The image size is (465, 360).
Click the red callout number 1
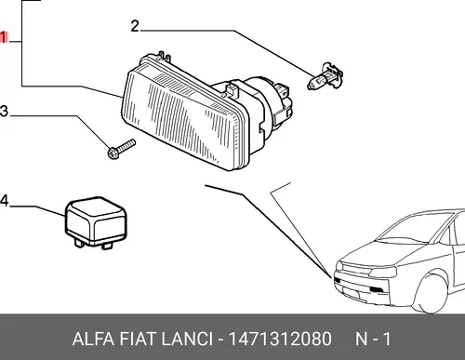4,37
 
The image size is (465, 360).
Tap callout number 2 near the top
135,26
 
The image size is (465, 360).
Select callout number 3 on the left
4,112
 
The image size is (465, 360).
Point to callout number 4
4,201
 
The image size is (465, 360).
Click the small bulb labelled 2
325,77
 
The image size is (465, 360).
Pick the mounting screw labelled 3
121,149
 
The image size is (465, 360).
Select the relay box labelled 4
96,222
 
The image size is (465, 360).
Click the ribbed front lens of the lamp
182,119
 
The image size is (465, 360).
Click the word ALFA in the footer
93,339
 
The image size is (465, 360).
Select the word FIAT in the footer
137,339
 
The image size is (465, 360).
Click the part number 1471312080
280,339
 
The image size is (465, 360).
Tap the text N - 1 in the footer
373,339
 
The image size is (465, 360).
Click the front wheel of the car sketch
431,293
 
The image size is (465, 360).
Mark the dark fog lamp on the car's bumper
377,290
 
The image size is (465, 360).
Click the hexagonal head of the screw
113,153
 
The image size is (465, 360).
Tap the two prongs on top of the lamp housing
164,57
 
